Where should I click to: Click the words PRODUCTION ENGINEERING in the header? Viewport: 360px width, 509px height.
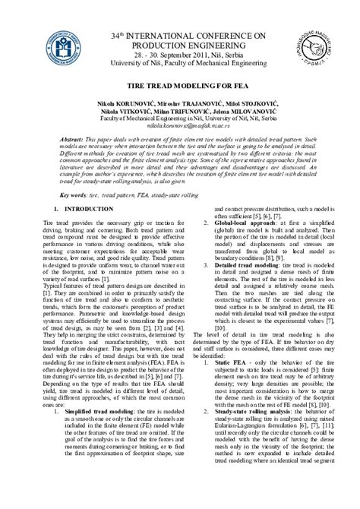(x=180, y=46)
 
